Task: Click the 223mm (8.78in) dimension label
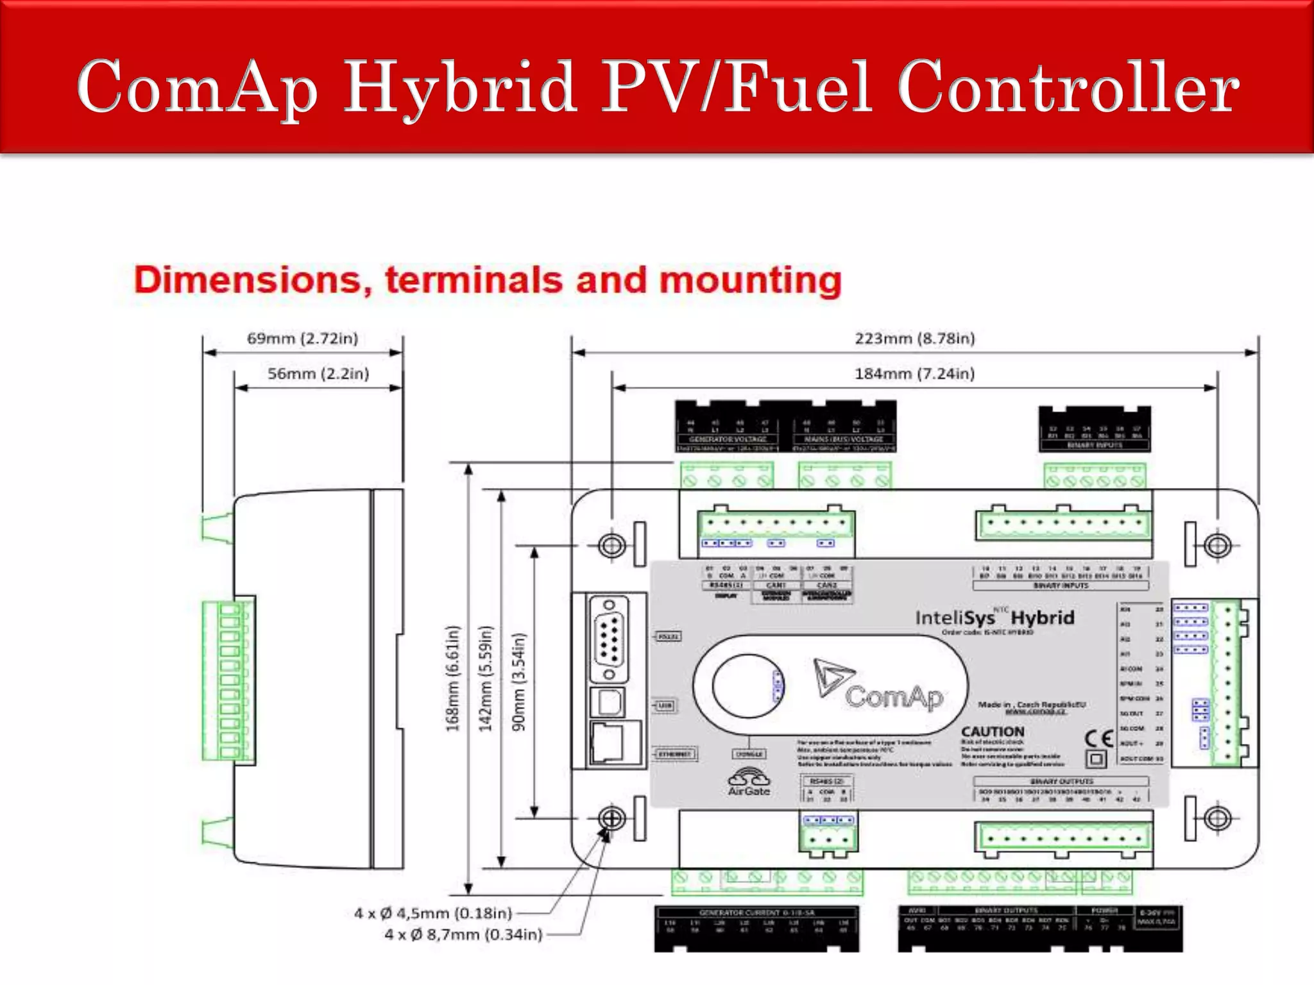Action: point(914,339)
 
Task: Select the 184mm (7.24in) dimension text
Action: point(914,374)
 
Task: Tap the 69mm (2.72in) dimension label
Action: point(302,339)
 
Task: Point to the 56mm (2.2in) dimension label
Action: point(318,374)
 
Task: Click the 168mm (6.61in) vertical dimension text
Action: point(453,678)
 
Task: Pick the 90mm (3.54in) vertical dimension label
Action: point(519,682)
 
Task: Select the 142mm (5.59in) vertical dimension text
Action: point(486,678)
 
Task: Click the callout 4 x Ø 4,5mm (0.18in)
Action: point(433,913)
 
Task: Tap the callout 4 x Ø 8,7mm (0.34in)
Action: point(463,935)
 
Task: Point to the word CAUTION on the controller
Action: point(993,732)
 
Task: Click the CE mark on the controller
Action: point(1098,739)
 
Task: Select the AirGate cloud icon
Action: point(749,778)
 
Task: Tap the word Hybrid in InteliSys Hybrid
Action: point(1043,618)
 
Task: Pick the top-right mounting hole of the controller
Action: point(1217,546)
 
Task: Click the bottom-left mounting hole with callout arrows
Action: point(611,818)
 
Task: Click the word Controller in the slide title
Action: point(1068,87)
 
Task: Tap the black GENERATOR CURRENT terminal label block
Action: point(756,928)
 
